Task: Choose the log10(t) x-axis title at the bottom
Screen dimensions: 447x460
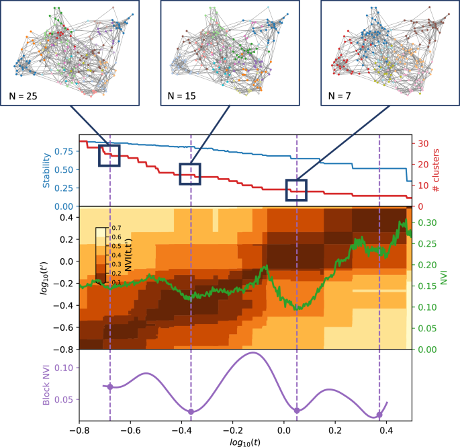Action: click(x=245, y=441)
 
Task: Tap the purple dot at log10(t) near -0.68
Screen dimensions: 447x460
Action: click(x=110, y=387)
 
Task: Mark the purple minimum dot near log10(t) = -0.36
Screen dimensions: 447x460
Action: click(x=191, y=411)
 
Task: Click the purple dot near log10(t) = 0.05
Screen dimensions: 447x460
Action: click(x=297, y=410)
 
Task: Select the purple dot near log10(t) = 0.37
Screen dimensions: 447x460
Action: click(x=379, y=415)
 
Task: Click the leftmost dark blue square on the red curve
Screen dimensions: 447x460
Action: click(x=109, y=155)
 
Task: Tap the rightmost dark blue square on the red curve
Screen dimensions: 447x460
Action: click(x=296, y=190)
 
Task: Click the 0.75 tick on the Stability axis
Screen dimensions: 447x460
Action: click(x=63, y=151)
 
